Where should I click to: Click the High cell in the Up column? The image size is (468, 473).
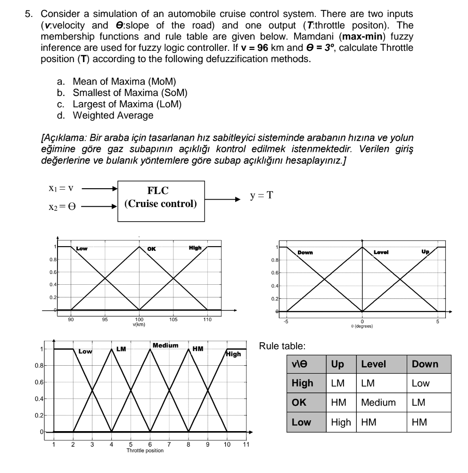pos(341,422)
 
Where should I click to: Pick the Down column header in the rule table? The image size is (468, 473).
pos(425,364)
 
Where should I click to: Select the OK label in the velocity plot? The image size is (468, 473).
pos(151,249)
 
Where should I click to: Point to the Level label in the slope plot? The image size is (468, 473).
pos(380,253)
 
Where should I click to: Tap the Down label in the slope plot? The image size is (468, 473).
pos(305,253)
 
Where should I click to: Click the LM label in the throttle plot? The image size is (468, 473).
pos(121,349)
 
